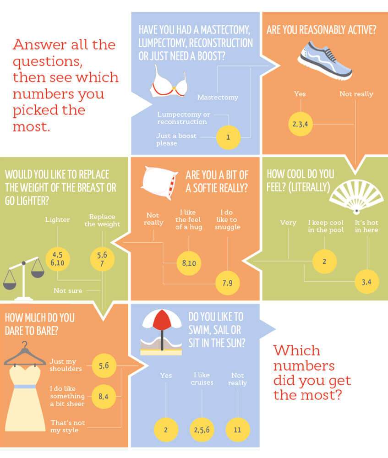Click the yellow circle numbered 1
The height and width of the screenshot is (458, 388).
tap(228, 137)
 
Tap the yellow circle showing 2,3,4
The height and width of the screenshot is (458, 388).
tap(301, 124)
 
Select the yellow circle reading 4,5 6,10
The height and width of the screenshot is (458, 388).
tap(58, 258)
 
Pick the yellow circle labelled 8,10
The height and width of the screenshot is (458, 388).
tap(189, 263)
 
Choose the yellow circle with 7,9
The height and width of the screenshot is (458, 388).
tap(228, 283)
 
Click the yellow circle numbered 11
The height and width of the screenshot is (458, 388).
tap(238, 430)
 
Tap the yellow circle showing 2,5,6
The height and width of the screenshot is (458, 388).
tap(202, 430)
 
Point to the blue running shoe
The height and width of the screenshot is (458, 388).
tap(325, 60)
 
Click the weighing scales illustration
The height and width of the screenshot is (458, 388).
tap(24, 278)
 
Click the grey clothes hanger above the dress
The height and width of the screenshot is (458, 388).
tap(25, 355)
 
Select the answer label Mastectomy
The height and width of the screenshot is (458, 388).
tap(218, 97)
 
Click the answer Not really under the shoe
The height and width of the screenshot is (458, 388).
tap(356, 94)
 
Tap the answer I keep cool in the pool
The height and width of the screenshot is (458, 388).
tap(326, 226)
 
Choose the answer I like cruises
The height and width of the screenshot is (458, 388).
tap(202, 379)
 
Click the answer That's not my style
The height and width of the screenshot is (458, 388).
tap(67, 426)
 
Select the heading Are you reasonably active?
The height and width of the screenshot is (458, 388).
tap(322, 30)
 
